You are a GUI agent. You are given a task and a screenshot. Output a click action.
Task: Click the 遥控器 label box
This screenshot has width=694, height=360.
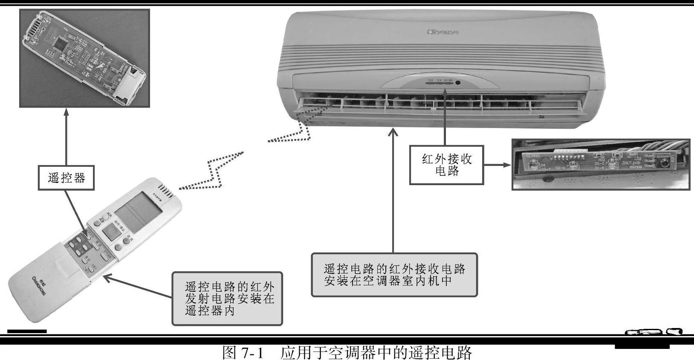click(x=66, y=177)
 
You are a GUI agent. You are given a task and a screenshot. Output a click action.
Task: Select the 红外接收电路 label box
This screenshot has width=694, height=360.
click(x=446, y=165)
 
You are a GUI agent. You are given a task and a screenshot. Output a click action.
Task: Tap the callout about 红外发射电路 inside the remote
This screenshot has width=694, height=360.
click(x=227, y=299)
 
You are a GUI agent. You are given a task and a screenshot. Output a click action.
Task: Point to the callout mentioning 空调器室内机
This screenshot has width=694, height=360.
click(x=394, y=275)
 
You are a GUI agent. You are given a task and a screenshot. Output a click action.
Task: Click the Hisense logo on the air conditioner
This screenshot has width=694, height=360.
click(x=442, y=32)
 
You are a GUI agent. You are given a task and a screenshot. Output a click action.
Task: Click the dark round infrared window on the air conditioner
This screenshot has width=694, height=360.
click(x=457, y=82)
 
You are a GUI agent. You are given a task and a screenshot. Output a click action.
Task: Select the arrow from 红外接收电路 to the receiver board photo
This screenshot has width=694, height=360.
click(x=497, y=165)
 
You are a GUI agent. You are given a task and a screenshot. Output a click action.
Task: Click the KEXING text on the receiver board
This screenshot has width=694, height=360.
click(x=533, y=156)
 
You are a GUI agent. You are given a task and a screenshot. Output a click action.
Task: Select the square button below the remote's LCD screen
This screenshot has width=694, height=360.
click(x=110, y=233)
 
